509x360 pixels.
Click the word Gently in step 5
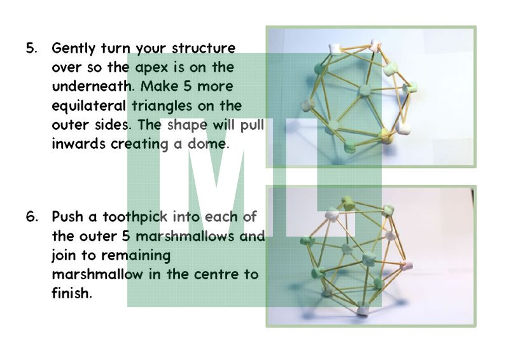[73, 49]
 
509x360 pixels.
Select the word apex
[151, 68]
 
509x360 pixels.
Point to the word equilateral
[88, 106]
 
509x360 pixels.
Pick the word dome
[208, 144]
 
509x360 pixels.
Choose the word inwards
[78, 144]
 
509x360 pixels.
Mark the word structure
[204, 48]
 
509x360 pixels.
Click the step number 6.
[32, 216]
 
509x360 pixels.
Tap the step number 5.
[31, 48]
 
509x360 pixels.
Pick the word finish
[72, 293]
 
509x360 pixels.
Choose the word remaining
[136, 256]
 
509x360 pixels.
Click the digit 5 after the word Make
[187, 87]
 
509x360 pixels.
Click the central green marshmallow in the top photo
[365, 90]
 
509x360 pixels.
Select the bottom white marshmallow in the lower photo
[362, 310]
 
